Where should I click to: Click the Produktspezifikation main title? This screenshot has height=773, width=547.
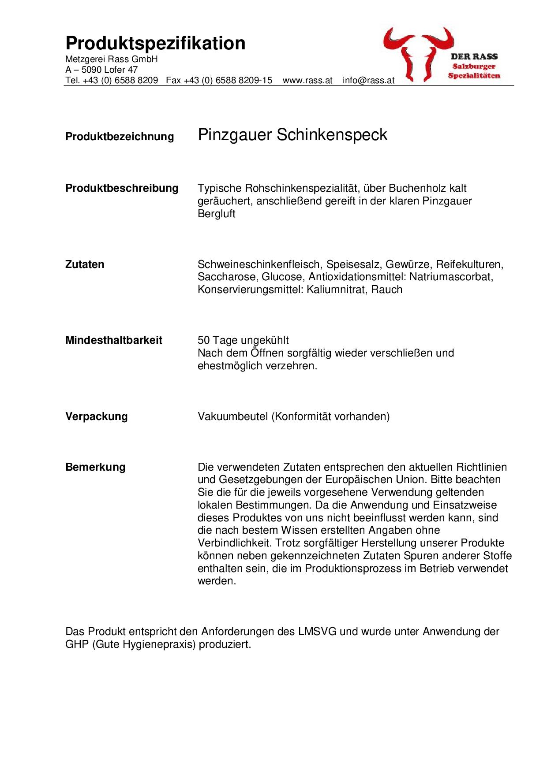click(x=155, y=44)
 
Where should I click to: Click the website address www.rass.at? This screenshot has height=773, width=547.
click(x=307, y=81)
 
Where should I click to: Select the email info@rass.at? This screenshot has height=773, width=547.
click(x=368, y=81)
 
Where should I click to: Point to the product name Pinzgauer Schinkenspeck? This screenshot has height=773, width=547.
click(x=292, y=135)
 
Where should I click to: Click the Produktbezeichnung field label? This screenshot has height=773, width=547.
click(x=120, y=137)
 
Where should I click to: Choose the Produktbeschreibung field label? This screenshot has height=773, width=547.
click(x=122, y=188)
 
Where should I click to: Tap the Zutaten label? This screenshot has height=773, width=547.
click(x=85, y=264)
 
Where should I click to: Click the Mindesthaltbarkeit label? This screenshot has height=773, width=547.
click(x=114, y=340)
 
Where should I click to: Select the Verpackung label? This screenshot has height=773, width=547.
click(x=96, y=416)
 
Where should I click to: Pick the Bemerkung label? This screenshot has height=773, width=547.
click(x=95, y=467)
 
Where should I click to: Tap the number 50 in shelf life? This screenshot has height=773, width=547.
click(x=203, y=340)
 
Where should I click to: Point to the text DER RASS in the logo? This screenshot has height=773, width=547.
click(x=474, y=56)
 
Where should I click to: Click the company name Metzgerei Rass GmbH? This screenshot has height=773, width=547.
click(x=111, y=59)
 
